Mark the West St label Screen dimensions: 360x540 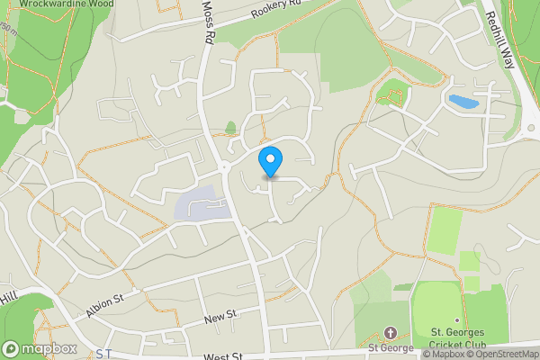pyautogui.click(x=222, y=356)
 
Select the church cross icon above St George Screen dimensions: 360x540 pyautogui.click(x=390, y=333)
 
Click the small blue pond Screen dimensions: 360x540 pyautogui.click(x=463, y=101)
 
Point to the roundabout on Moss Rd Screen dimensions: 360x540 pyautogui.click(x=224, y=166)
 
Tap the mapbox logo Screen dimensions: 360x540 pyautogui.click(x=39, y=348)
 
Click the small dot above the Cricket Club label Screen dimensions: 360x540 pyautogui.click(x=457, y=321)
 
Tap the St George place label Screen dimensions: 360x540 pyautogui.click(x=390, y=348)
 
